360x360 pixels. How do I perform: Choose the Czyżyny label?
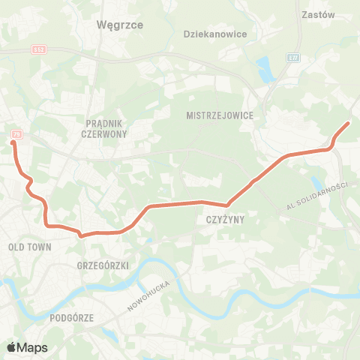221,220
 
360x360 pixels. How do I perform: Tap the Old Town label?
28,246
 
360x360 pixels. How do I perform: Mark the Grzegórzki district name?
103,265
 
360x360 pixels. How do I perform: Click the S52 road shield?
40,49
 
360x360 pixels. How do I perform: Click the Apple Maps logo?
27,347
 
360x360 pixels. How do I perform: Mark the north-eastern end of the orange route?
349,122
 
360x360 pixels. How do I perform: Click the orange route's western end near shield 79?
13,141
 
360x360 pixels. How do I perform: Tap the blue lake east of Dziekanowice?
265,70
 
